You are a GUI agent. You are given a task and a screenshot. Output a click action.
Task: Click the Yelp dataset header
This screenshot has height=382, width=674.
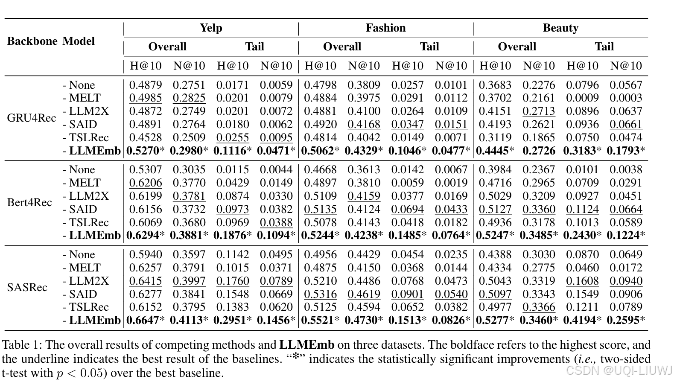tap(211, 28)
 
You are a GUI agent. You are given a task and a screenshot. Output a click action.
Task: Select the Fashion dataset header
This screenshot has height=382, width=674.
tap(385, 28)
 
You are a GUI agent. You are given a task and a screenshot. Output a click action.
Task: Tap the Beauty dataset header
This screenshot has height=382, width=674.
tap(560, 28)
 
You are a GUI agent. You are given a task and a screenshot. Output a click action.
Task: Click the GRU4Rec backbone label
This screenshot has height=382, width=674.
tap(32, 118)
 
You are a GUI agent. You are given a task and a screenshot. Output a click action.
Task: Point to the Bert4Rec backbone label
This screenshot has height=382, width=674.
tap(29, 202)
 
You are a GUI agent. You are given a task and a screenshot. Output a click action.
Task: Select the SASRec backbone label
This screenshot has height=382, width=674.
tap(27, 287)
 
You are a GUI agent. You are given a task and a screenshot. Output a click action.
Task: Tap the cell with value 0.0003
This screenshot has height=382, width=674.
tap(626, 98)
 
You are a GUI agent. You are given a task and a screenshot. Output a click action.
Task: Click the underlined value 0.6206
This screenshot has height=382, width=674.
tap(146, 183)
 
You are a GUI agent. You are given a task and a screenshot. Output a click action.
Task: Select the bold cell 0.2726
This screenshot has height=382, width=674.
tap(539, 151)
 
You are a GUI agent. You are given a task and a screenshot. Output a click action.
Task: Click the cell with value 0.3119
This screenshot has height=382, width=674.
tap(495, 137)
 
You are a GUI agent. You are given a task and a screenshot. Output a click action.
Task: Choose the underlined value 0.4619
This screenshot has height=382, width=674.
tap(364, 294)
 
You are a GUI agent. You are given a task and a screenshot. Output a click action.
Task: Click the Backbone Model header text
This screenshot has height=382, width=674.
tap(51, 41)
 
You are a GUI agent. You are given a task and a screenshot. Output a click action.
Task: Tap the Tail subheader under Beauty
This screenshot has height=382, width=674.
tap(604, 47)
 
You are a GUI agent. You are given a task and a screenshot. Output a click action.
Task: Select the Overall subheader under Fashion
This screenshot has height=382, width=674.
tap(342, 47)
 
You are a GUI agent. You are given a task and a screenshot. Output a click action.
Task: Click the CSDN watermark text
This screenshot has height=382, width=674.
tap(619, 370)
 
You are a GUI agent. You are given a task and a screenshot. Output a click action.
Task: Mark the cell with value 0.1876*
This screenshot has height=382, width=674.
tap(233, 235)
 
